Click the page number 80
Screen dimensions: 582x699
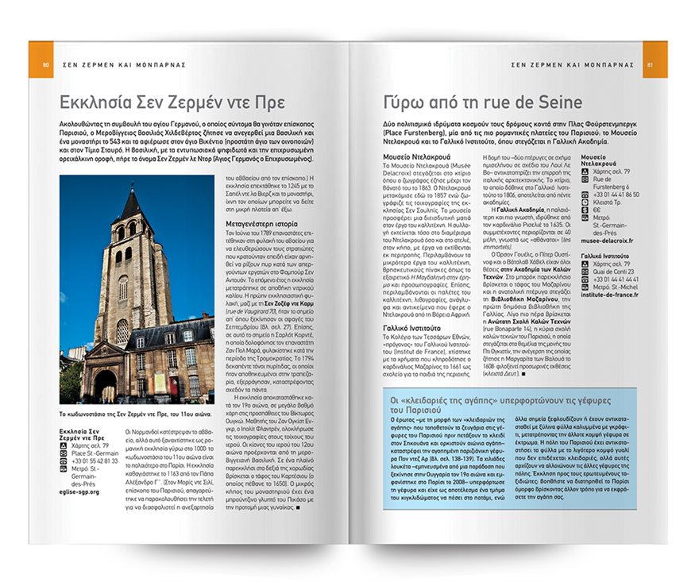point(47,64)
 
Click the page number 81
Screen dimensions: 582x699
point(650,64)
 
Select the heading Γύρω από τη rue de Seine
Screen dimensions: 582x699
point(477,102)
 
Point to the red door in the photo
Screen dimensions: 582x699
point(156,385)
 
